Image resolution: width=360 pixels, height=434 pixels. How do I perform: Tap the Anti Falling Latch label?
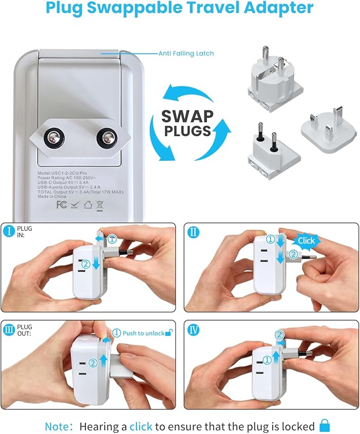click(x=186, y=54)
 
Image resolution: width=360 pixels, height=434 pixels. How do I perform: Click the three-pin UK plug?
click(x=324, y=128)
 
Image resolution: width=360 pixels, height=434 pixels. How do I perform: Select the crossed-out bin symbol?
click(x=99, y=204)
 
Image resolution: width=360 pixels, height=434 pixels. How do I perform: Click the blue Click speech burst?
click(x=306, y=240)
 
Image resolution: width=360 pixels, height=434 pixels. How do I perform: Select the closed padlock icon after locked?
click(x=324, y=426)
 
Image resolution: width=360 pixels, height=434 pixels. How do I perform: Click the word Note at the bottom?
click(x=55, y=426)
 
